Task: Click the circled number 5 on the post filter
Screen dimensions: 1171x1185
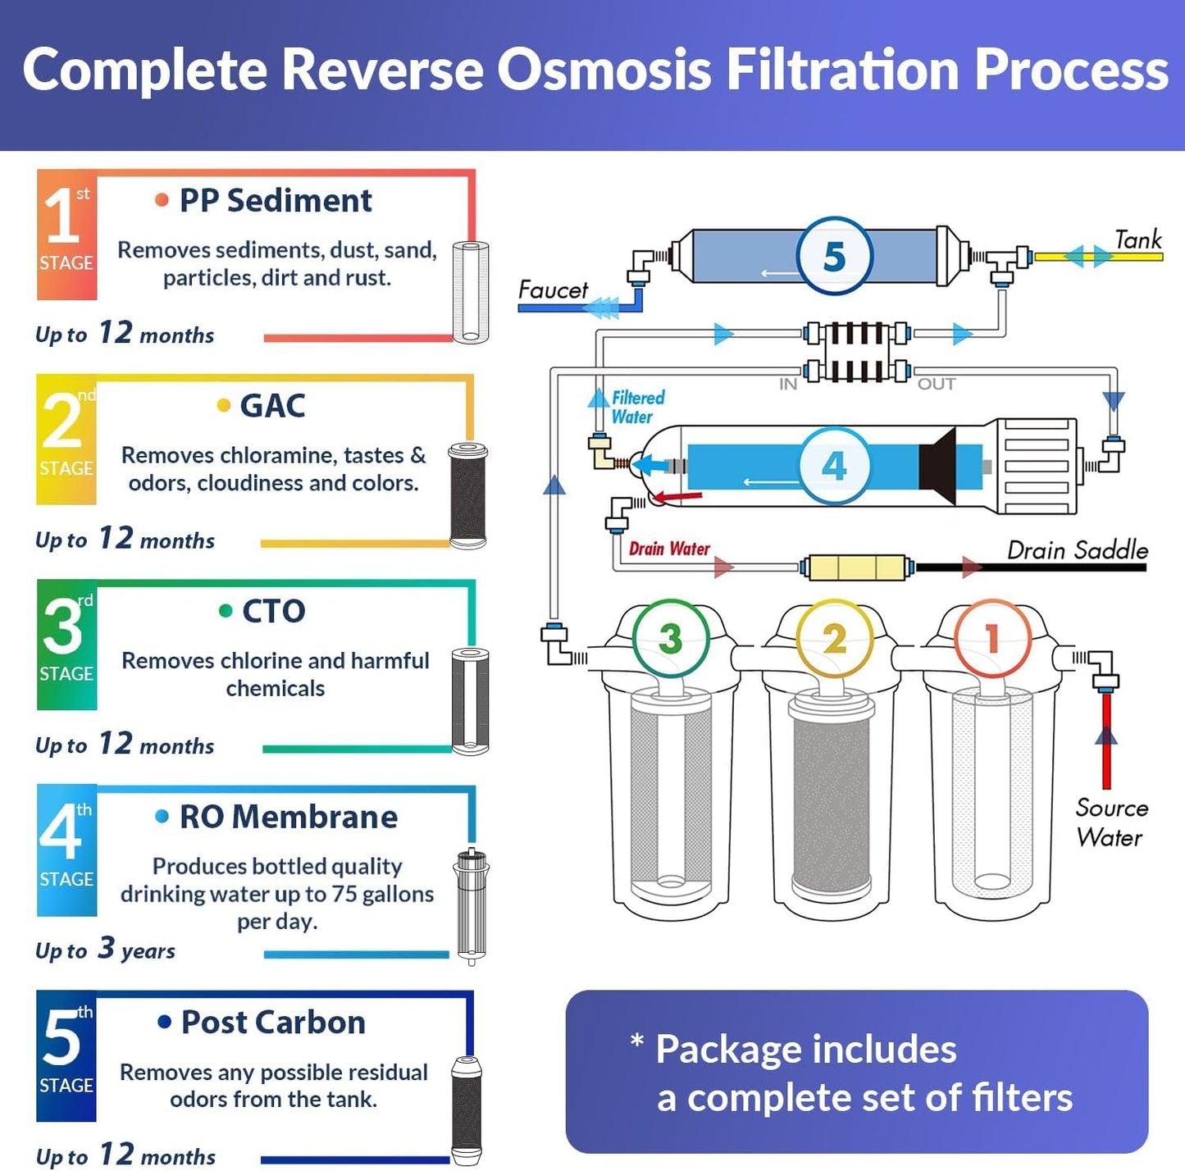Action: click(x=834, y=257)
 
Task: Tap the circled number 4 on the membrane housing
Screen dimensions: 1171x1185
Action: click(x=834, y=466)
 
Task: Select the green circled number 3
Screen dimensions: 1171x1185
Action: click(x=670, y=639)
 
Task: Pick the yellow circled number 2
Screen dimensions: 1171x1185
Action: click(x=834, y=639)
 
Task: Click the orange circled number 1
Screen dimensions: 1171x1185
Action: click(x=992, y=639)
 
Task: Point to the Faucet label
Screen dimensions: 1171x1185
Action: click(x=553, y=290)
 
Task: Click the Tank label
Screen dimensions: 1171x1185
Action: click(x=1138, y=239)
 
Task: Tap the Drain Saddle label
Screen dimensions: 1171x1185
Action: click(x=1077, y=550)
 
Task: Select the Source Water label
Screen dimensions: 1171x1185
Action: click(x=1110, y=822)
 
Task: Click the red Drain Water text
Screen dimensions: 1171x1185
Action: click(x=669, y=549)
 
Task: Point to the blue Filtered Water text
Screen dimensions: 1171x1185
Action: click(x=637, y=407)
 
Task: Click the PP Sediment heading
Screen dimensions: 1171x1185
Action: click(x=276, y=201)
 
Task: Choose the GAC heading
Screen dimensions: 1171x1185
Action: click(x=272, y=406)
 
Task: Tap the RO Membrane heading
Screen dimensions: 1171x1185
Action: click(x=288, y=817)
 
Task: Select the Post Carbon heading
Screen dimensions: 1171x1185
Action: click(x=273, y=1023)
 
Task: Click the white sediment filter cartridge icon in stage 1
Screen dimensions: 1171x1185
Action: click(x=471, y=292)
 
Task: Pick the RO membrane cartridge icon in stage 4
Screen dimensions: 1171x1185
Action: click(x=472, y=906)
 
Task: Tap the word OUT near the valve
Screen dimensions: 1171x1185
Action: click(x=936, y=384)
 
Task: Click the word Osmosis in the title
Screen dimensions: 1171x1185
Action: click(x=604, y=70)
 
